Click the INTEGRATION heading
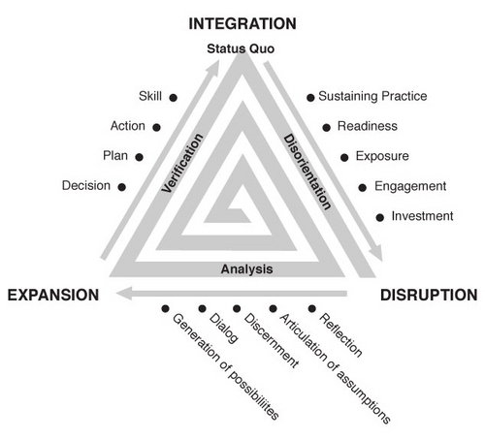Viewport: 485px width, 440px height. (x=242, y=24)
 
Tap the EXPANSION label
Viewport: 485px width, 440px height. (x=53, y=295)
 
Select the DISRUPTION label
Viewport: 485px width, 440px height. (x=429, y=295)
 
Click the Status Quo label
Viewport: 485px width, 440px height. (x=241, y=48)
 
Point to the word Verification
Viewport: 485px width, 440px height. (x=182, y=163)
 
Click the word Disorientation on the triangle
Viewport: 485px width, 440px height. (x=307, y=172)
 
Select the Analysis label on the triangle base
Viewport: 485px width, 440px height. (x=246, y=269)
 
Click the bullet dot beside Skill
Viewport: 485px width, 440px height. (x=174, y=98)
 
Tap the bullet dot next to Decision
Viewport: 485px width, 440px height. (x=121, y=187)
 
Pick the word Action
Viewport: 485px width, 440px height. (x=128, y=126)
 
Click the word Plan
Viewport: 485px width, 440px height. (x=115, y=155)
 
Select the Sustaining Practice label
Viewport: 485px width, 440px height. (x=372, y=96)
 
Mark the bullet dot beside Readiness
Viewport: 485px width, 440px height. (x=327, y=128)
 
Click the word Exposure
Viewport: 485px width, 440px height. (x=382, y=156)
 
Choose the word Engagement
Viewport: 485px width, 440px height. (x=410, y=186)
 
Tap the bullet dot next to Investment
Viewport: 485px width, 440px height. (x=380, y=217)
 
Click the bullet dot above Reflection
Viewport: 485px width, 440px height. (x=311, y=308)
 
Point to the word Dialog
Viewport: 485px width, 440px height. (x=224, y=329)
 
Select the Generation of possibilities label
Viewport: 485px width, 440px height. (x=226, y=366)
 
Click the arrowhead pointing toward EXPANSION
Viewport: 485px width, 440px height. (x=124, y=294)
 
